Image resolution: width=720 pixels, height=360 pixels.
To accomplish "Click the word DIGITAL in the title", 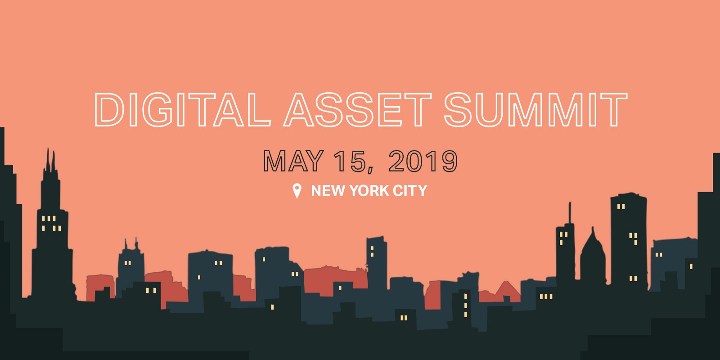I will click(x=182, y=109).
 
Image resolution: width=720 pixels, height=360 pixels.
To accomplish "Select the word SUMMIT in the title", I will click(x=535, y=109).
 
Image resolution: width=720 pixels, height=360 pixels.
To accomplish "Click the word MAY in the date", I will click(x=293, y=161).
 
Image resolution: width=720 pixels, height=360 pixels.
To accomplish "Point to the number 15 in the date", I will click(x=350, y=161).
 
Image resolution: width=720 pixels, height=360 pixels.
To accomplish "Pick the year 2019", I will click(x=423, y=161).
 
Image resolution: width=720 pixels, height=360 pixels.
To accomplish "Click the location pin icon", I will click(x=297, y=190).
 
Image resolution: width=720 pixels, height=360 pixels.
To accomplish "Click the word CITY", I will click(x=410, y=191).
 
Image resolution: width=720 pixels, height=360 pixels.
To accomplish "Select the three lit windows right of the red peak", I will click(x=546, y=297).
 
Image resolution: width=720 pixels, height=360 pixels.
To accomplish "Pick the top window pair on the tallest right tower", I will click(x=621, y=207).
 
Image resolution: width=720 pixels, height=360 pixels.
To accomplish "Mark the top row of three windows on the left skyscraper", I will click(x=49, y=219).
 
